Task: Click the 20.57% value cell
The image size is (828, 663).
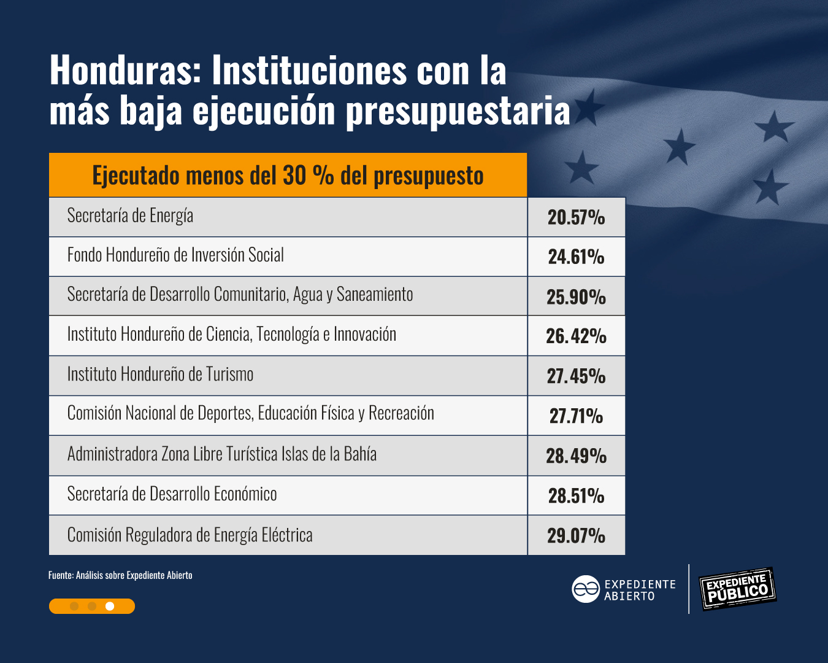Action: pyautogui.click(x=576, y=217)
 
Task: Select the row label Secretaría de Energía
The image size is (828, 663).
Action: pyautogui.click(x=130, y=215)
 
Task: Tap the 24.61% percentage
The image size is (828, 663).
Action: pyautogui.click(x=576, y=257)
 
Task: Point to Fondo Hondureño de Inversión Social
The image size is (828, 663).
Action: pyautogui.click(x=175, y=255)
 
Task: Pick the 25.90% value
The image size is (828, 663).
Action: pyautogui.click(x=576, y=297)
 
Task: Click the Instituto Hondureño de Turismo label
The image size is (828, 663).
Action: pyautogui.click(x=160, y=374)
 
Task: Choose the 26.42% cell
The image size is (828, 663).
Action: pyautogui.click(x=576, y=336)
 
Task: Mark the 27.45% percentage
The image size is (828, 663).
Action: pyautogui.click(x=576, y=376)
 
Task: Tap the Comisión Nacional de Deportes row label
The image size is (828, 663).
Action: pyautogui.click(x=250, y=413)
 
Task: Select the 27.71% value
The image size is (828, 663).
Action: pyautogui.click(x=576, y=416)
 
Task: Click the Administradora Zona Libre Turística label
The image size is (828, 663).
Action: pyautogui.click(x=221, y=454)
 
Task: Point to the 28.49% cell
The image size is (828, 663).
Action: pyautogui.click(x=576, y=456)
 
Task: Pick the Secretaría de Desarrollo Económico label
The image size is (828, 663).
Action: pyautogui.click(x=172, y=494)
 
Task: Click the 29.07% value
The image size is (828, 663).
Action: pyautogui.click(x=576, y=535)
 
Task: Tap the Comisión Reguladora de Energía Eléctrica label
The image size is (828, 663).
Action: pyautogui.click(x=190, y=535)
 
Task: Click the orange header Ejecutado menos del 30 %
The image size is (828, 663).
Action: pyautogui.click(x=288, y=176)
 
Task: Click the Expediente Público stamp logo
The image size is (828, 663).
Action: pyautogui.click(x=738, y=589)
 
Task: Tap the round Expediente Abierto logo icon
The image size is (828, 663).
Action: pyautogui.click(x=585, y=589)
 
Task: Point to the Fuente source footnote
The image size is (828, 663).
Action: pyautogui.click(x=120, y=575)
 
